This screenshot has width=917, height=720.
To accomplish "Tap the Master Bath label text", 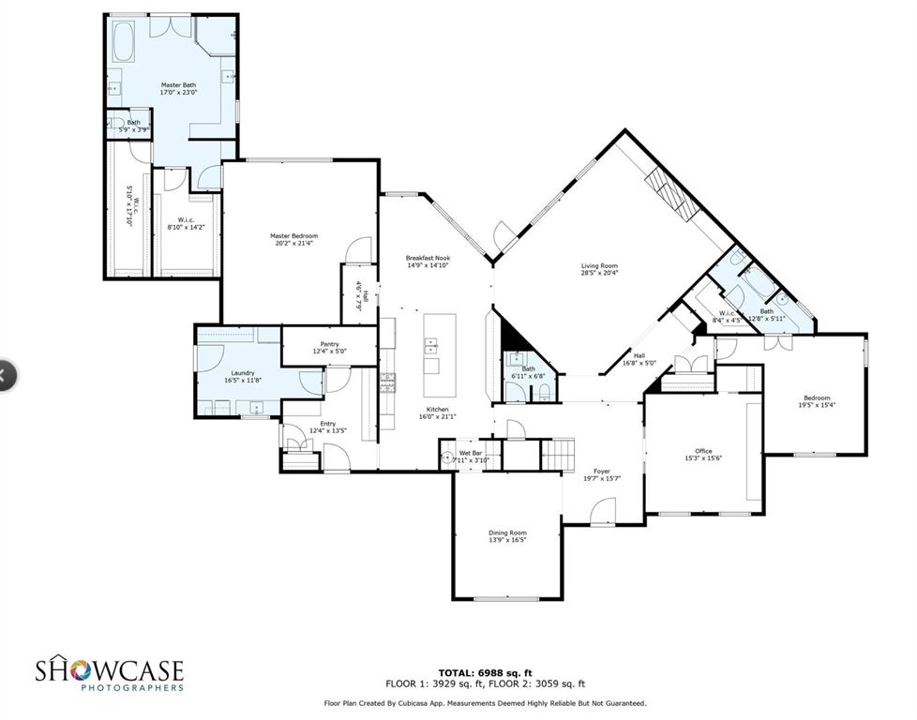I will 178,85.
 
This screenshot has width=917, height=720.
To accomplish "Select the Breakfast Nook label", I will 428,258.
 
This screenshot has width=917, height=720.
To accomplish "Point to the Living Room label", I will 599,266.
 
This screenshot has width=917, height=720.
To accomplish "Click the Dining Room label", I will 507,532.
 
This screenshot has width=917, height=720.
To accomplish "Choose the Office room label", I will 703,451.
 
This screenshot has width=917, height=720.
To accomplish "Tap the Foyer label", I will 601,472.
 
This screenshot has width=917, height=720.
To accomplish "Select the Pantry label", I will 329,344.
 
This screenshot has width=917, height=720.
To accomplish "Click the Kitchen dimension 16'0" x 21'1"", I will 437,417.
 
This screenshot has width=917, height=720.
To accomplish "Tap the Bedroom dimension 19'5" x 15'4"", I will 816,405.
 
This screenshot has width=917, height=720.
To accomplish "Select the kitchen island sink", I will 432,343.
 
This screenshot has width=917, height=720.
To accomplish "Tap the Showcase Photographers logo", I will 110,674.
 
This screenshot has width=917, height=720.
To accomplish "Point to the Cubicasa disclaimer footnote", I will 485,702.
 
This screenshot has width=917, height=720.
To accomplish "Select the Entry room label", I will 327,424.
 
